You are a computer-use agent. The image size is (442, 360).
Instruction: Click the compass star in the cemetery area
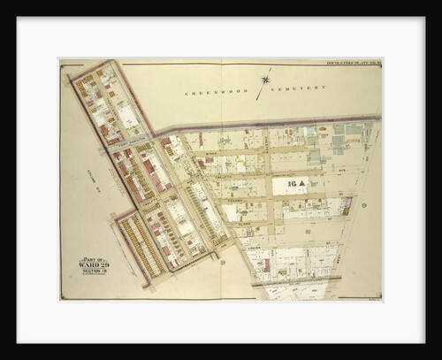264,80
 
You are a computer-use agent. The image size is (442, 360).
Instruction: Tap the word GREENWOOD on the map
206,92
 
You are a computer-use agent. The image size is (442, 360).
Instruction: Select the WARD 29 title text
92,264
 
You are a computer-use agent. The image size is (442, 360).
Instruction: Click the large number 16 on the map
289,184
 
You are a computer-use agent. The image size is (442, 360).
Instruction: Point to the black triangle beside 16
301,184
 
